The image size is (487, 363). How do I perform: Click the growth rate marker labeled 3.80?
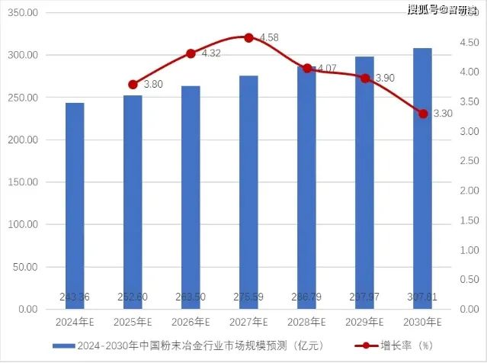[x=133, y=85]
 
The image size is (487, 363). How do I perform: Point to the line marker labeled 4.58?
[x=248, y=37]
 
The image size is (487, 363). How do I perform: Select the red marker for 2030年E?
[x=422, y=114]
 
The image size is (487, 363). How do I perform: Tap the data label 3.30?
[x=443, y=114]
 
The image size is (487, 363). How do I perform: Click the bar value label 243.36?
[x=75, y=297]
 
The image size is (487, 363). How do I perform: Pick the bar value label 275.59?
[x=248, y=297]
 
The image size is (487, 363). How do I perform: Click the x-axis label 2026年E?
[x=191, y=323]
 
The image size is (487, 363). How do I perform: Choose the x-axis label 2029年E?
[x=364, y=323]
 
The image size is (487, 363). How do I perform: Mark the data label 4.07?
[x=326, y=69]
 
